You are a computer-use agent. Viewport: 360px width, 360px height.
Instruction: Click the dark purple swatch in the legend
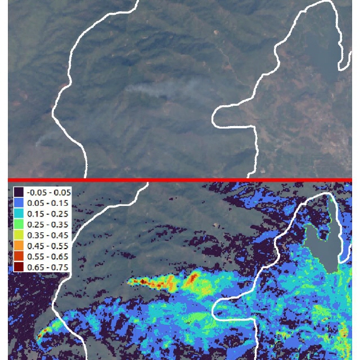[19, 192]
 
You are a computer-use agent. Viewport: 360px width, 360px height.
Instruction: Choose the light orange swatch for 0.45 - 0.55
[19, 245]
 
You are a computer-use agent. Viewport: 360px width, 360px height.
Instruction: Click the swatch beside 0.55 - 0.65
[19, 256]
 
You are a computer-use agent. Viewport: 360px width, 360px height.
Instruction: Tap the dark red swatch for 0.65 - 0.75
[19, 267]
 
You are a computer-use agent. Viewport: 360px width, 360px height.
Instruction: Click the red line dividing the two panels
[180, 180]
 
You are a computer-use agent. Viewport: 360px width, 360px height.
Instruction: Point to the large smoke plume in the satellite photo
[163, 90]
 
